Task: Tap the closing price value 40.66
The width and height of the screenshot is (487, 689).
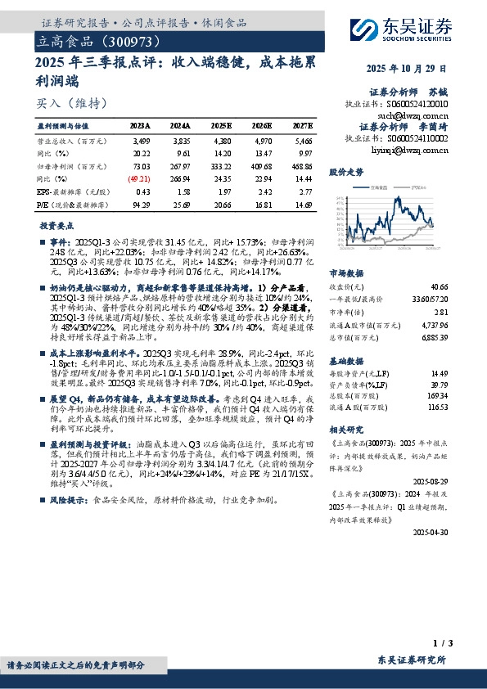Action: [x=438, y=287]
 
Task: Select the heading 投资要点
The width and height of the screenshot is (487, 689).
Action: [x=56, y=224]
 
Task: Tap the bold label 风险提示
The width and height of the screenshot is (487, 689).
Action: [x=67, y=498]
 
